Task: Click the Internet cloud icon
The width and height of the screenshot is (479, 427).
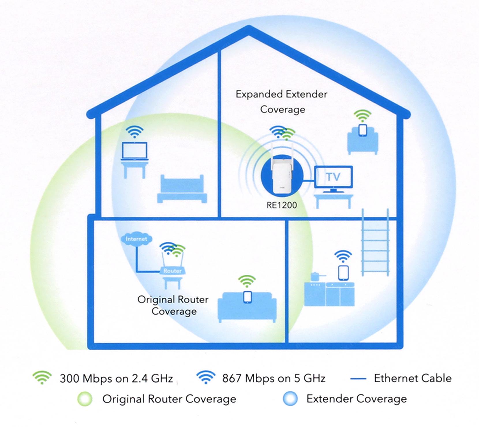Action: click(x=136, y=239)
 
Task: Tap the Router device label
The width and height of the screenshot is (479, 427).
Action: click(x=172, y=271)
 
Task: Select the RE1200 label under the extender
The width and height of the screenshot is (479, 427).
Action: click(x=282, y=205)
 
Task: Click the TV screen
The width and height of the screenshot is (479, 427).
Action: click(x=333, y=177)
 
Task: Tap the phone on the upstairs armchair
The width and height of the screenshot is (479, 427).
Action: click(x=362, y=130)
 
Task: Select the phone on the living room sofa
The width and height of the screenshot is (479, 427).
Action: click(x=247, y=297)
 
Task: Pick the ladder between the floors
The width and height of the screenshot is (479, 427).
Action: click(x=375, y=242)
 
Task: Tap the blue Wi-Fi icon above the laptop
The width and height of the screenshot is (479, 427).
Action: click(x=134, y=132)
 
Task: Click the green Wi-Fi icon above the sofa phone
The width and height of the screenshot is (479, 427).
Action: click(x=247, y=281)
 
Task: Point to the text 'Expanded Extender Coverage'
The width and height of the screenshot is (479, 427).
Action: click(x=282, y=102)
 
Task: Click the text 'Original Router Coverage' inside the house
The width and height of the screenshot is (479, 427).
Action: click(x=173, y=305)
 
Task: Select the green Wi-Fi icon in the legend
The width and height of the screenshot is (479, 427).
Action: click(x=42, y=377)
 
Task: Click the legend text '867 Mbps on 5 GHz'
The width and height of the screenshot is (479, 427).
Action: click(x=274, y=378)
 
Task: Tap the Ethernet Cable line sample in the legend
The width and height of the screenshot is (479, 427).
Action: click(x=358, y=378)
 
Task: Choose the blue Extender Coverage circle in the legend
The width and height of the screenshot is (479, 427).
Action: click(x=290, y=399)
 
